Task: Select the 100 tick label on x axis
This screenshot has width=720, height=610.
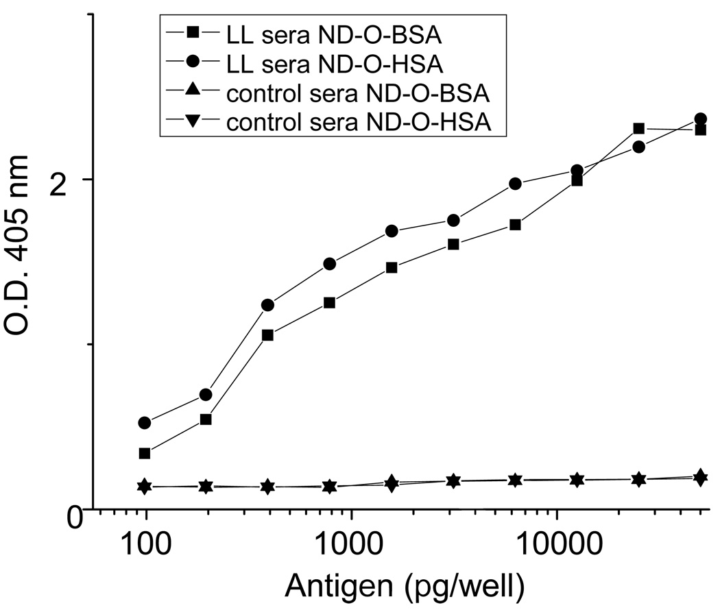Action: tap(145, 546)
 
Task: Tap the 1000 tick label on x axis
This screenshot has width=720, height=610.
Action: tap(351, 546)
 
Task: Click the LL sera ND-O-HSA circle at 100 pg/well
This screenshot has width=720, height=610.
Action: tap(145, 423)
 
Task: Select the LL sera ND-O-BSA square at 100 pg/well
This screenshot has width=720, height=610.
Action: tap(145, 453)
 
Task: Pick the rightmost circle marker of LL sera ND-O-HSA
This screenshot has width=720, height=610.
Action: tap(700, 119)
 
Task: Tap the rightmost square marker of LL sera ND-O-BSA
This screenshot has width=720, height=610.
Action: tap(700, 130)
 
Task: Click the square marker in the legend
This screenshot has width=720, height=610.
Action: tap(193, 33)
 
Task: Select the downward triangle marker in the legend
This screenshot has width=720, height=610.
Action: tap(193, 123)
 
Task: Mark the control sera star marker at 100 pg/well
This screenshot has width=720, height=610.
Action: tap(145, 486)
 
